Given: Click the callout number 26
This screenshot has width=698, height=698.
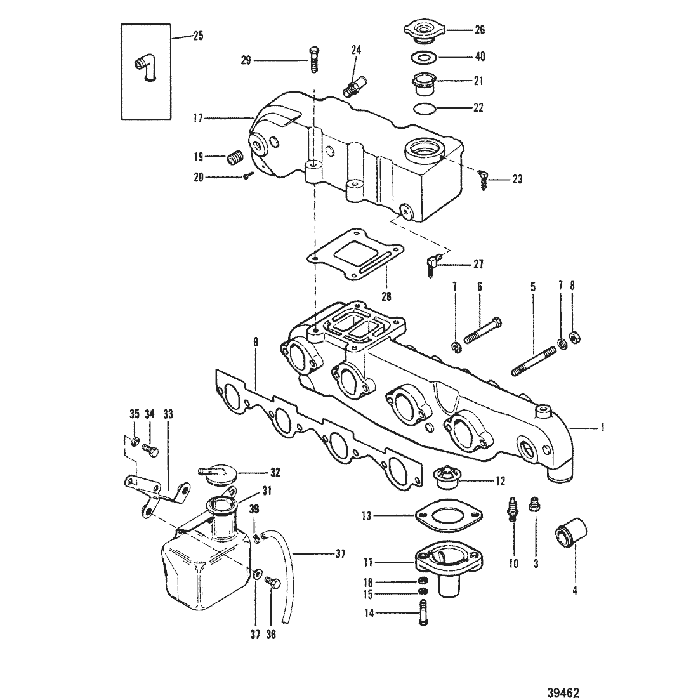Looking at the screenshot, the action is pos(480,30).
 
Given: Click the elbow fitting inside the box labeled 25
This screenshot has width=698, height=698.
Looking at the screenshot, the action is pos(145,68).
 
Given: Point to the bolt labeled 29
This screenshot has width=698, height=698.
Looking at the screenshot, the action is pos(314,60).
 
